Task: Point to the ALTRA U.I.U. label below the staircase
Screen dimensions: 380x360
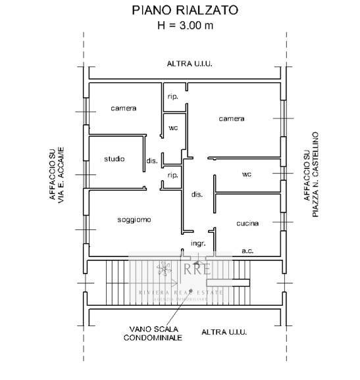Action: click(224, 332)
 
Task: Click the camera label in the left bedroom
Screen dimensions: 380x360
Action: click(123, 108)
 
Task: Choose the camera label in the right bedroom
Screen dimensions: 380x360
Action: click(232, 119)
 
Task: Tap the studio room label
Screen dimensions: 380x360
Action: click(115, 159)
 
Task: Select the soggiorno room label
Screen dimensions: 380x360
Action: click(134, 220)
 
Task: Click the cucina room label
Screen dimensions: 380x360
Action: click(247, 224)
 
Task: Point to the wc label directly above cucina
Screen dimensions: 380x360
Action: click(247, 174)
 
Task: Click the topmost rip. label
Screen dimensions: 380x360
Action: click(173, 97)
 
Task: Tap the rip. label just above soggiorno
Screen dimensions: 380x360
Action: click(173, 176)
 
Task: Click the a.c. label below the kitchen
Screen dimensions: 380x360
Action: click(248, 250)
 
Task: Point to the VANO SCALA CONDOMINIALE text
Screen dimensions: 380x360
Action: click(153, 333)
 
